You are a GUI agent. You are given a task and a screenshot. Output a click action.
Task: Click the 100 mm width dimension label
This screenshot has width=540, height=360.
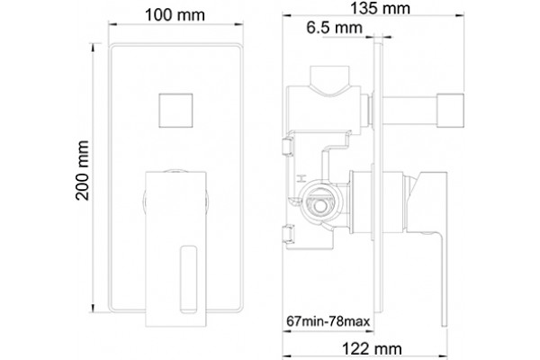coord(175,15)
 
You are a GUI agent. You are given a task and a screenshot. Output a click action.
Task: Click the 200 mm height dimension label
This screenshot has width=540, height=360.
coord(82,170)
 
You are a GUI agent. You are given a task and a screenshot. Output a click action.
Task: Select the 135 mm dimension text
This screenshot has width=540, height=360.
coord(380,8)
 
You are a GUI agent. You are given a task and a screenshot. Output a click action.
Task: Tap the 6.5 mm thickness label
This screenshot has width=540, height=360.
coord(335,28)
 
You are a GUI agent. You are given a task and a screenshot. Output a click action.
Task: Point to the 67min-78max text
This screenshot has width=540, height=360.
coord(328,321)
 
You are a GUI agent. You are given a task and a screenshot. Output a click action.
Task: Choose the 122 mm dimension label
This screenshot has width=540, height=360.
coord(372,348)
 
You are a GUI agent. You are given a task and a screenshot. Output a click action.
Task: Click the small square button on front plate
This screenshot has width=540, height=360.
coord(175,110)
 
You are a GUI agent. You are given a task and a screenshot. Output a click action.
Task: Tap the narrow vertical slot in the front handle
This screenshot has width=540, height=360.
coord(189,279)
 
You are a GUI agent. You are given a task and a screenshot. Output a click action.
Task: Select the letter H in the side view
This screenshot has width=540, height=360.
coord(301,178)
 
